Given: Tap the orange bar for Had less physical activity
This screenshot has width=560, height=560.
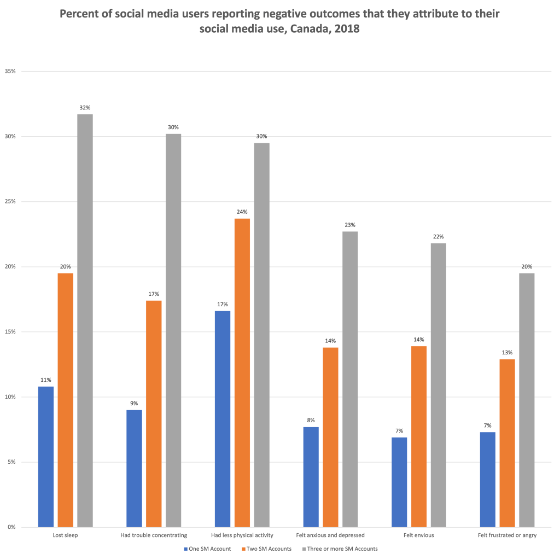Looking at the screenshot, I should coord(242,372).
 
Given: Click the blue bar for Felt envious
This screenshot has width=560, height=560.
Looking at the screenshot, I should coord(399,482).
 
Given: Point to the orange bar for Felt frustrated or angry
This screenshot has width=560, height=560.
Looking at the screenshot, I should coord(507,443).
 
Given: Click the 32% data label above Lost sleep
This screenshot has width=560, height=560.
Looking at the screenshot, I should coord(85,108).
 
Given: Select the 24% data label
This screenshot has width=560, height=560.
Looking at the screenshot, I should coord(242,212).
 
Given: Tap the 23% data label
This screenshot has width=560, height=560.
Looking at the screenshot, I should coord(350,225).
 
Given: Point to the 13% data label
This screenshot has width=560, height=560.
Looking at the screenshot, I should coord(507,353).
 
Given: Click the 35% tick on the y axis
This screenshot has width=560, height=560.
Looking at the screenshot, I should coord(11,71).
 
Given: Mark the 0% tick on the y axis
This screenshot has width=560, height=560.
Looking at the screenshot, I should coord(12,527).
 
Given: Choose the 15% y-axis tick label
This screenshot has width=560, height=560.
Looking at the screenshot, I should coord(11,332).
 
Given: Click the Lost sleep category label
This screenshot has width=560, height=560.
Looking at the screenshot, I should coord(65,535).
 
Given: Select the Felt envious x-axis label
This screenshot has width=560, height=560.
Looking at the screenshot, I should coord(419,535).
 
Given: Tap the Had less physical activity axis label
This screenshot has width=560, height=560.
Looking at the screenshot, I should coord(242,535).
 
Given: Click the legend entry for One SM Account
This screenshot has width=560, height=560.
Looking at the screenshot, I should coord(208,549).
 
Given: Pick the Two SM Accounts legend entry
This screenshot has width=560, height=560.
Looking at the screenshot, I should coord(269,549).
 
